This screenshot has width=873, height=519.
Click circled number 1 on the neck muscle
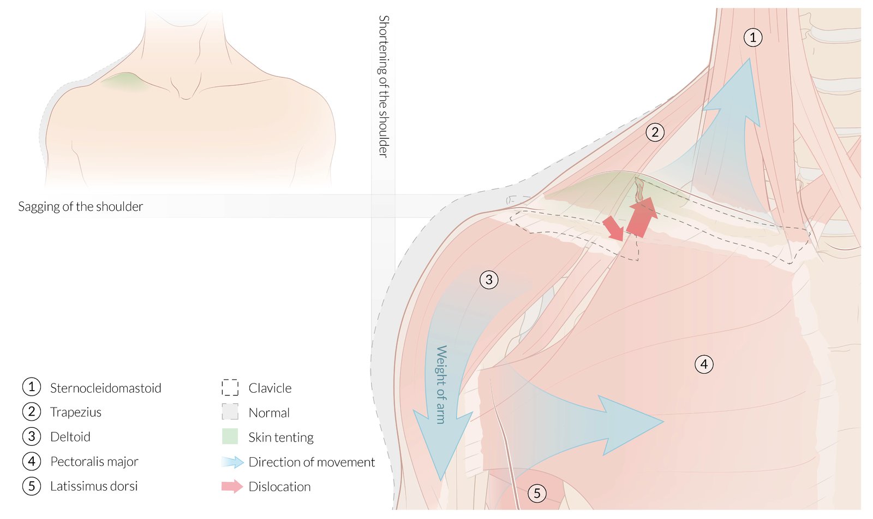coord(753,38)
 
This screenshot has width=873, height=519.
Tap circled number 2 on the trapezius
coord(655,132)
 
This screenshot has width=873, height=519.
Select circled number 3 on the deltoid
coord(489,280)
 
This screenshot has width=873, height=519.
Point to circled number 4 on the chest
coord(704,364)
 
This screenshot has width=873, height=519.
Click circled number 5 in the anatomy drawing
coord(537,494)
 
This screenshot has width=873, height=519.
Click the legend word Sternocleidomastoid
coord(105,388)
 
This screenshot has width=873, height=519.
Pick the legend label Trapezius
coord(76,412)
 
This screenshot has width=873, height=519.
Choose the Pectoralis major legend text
coord(94,462)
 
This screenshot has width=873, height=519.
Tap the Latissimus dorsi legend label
coord(94,486)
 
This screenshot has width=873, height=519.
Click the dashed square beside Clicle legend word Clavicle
coord(230,387)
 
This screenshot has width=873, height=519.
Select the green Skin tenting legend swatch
coord(230,437)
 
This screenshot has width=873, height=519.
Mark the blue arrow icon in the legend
coord(232,462)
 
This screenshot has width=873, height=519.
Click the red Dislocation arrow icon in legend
coord(232,486)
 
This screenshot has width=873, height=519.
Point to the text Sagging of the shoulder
coord(81,207)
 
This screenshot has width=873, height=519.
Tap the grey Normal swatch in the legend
coord(230,412)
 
